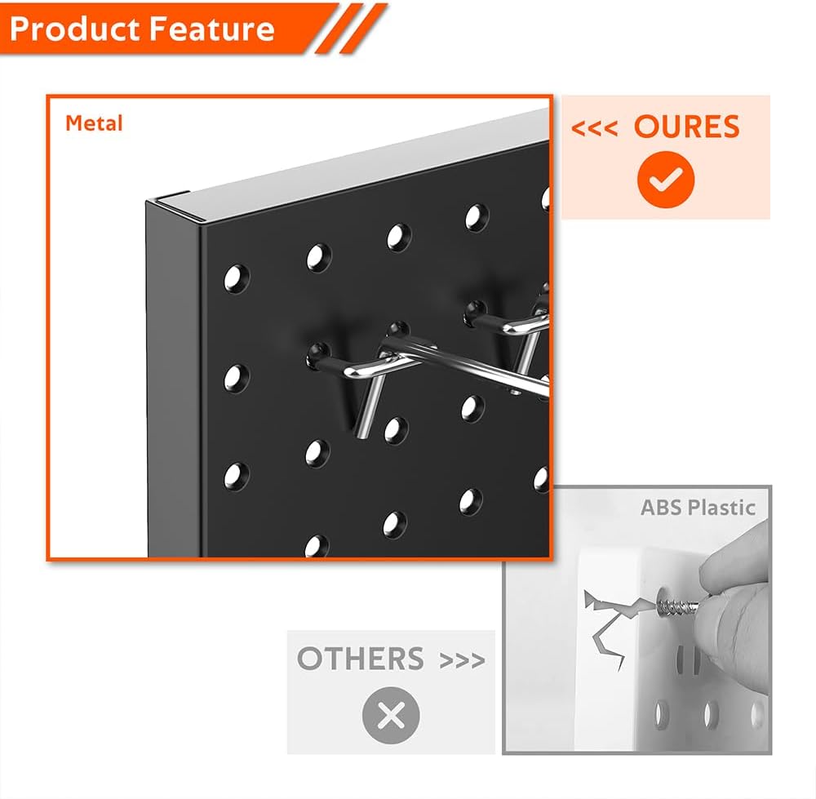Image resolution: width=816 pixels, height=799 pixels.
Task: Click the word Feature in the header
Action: coord(208,29)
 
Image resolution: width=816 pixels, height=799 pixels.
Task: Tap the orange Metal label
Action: coord(94,123)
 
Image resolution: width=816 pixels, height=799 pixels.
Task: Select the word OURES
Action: coord(686,127)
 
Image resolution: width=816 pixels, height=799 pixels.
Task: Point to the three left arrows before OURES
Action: coord(594,129)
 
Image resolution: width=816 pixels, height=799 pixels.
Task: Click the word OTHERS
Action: coord(360,659)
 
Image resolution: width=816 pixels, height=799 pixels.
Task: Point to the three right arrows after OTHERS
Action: coord(462,659)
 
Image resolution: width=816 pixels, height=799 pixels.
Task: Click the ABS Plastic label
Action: coord(697,507)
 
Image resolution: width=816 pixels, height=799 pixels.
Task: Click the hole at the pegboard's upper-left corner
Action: coord(237,275)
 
